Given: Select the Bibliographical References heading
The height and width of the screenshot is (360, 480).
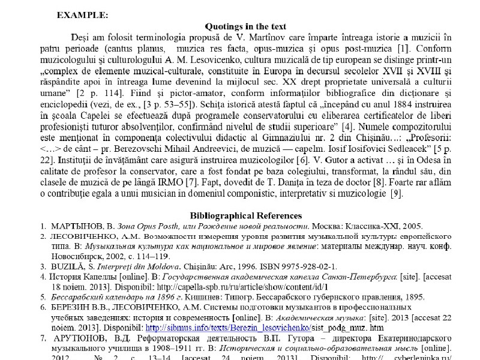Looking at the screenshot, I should click(x=245, y=215).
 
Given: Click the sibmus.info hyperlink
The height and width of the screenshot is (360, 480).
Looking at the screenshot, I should click(x=227, y=328).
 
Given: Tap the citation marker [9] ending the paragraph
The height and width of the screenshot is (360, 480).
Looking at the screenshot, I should click(x=396, y=193).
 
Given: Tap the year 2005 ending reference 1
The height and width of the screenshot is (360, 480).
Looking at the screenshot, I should click(x=413, y=226).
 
